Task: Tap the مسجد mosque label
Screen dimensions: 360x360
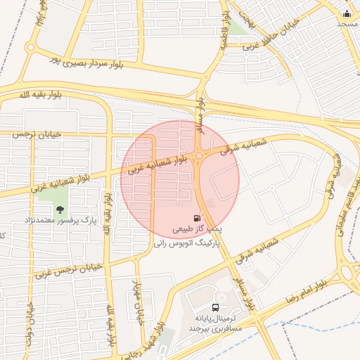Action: point(347,24)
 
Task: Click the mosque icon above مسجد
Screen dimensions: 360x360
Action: point(346,13)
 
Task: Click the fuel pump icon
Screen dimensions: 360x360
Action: point(195,219)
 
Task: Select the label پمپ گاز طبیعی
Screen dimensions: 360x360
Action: point(198,229)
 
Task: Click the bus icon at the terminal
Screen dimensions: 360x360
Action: point(214,307)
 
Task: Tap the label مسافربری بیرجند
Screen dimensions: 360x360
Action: point(216,328)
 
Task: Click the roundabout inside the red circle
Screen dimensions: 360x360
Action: point(200,156)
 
